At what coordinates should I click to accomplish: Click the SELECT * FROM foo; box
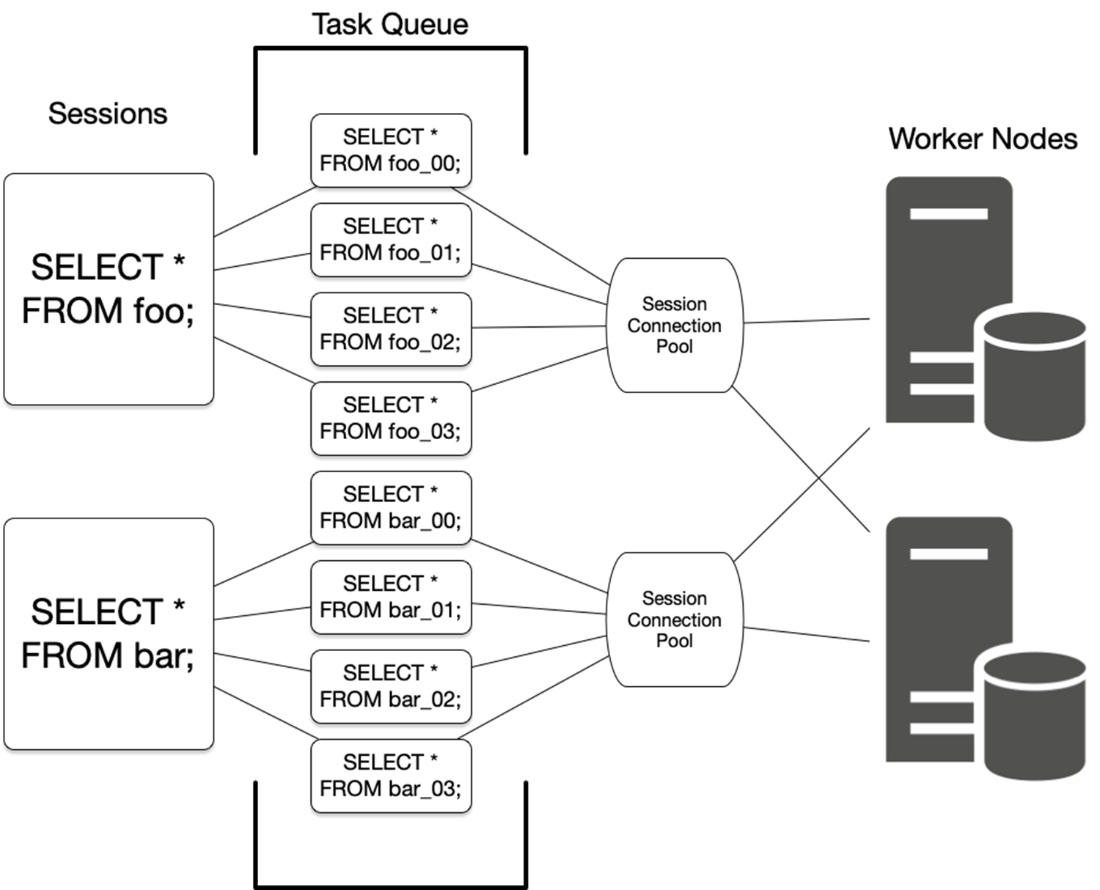(109, 289)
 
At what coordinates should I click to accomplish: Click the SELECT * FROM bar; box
(109, 633)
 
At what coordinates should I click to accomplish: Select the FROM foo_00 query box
(391, 150)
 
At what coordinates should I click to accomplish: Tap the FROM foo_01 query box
(391, 240)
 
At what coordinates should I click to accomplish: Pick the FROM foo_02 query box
(391, 329)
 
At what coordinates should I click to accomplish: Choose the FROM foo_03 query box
(391, 419)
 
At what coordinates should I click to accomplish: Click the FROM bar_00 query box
(391, 508)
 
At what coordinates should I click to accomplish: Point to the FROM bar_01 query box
(391, 597)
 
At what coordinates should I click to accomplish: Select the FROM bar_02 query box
(391, 687)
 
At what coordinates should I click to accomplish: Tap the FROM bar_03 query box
(391, 776)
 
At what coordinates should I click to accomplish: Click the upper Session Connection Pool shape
(675, 325)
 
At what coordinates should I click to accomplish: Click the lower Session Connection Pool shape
(675, 619)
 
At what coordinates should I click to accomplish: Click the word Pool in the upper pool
(675, 346)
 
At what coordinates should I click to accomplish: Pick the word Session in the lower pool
(675, 598)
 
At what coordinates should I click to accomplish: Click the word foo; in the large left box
(164, 311)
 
